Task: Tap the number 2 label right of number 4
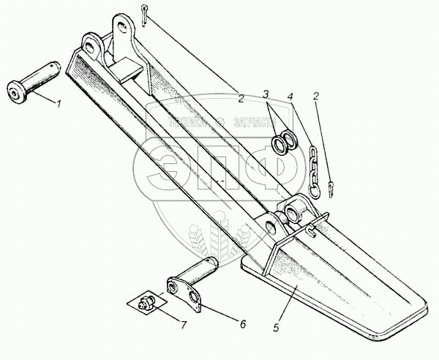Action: [x=317, y=96]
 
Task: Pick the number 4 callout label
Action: [x=290, y=96]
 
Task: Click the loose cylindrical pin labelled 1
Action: [x=33, y=81]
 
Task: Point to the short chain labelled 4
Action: [x=313, y=167]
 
